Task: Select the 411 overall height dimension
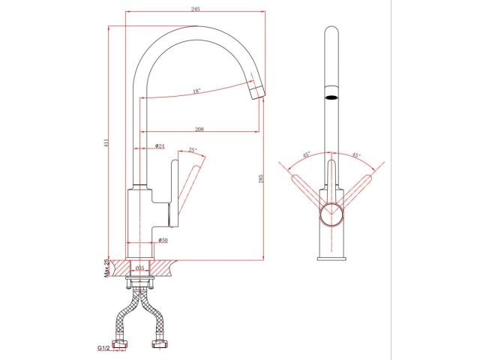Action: [x=106, y=142]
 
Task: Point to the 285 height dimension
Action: [x=260, y=179]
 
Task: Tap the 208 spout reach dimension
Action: [x=200, y=126]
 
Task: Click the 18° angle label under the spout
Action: [x=196, y=91]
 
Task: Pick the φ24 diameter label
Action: [x=160, y=145]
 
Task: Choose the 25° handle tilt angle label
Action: [x=192, y=150]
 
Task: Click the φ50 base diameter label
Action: [x=161, y=240]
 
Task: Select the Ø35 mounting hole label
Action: [x=139, y=268]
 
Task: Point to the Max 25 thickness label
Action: [x=106, y=268]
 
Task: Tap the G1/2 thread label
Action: [x=103, y=348]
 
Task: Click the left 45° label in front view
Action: [x=306, y=155]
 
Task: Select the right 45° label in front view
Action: [x=355, y=155]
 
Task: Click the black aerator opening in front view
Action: [x=331, y=97]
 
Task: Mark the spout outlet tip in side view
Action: [x=257, y=93]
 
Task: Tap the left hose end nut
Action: [x=119, y=346]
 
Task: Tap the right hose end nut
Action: [x=159, y=346]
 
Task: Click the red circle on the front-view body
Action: [x=331, y=214]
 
